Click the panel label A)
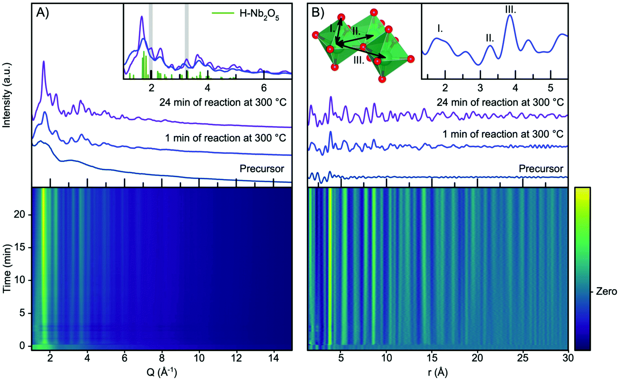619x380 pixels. (43, 13)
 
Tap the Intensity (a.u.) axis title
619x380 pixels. (7, 95)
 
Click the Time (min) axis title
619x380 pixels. (7, 268)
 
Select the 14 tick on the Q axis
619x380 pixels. (274, 359)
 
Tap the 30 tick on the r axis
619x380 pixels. (568, 359)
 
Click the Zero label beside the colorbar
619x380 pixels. (606, 292)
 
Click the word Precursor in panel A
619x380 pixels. (262, 169)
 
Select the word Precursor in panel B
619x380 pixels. (541, 169)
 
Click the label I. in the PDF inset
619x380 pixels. (440, 28)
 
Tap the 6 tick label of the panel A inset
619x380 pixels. (264, 88)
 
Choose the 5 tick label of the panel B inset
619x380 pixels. (550, 88)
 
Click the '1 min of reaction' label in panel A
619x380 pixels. (225, 138)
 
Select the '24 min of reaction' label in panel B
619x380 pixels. (500, 102)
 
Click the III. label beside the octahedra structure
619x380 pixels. (359, 60)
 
